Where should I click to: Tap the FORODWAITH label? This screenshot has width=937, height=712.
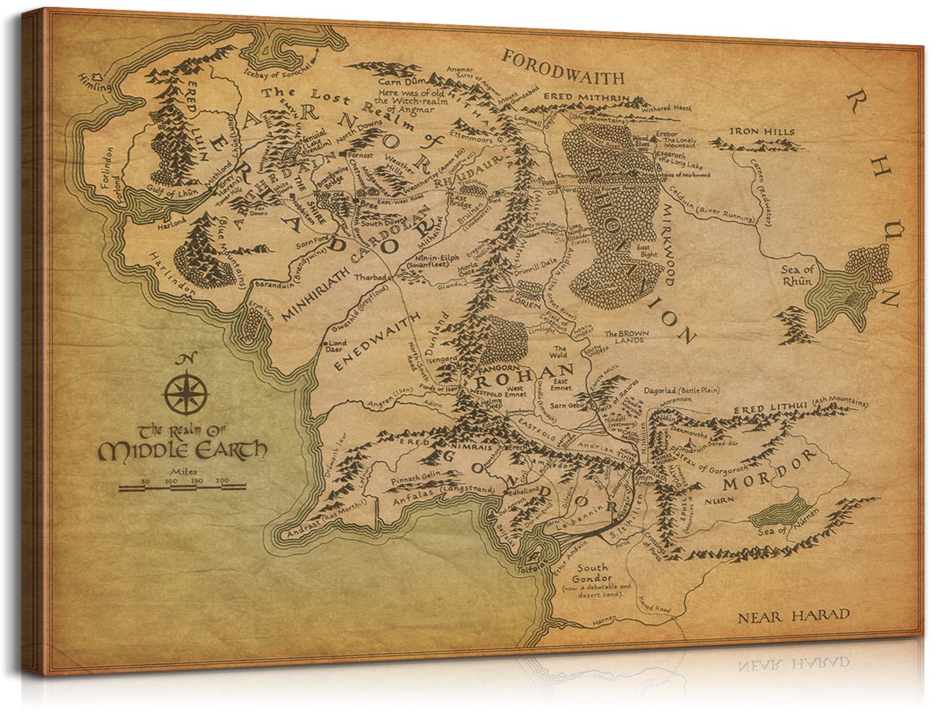coord(563,77)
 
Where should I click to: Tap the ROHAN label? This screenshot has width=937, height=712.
coord(524,376)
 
